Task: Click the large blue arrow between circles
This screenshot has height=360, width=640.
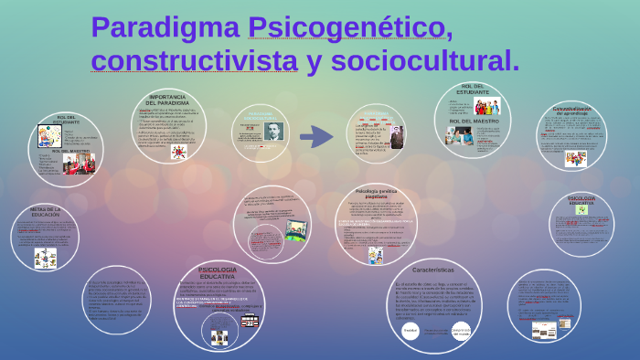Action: [x=316, y=137]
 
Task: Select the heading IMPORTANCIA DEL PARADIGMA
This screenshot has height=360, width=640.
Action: [x=167, y=100]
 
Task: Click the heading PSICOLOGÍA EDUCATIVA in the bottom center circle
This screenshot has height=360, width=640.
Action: [x=218, y=272]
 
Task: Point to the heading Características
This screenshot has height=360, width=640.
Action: [x=433, y=270]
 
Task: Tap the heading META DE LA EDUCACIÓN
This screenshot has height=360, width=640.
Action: [x=45, y=212]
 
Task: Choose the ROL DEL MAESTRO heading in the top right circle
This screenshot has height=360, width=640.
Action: [x=473, y=121]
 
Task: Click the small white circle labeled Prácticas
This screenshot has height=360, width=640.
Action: [x=411, y=330]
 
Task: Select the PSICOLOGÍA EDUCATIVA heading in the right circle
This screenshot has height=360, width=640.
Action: [x=581, y=200]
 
